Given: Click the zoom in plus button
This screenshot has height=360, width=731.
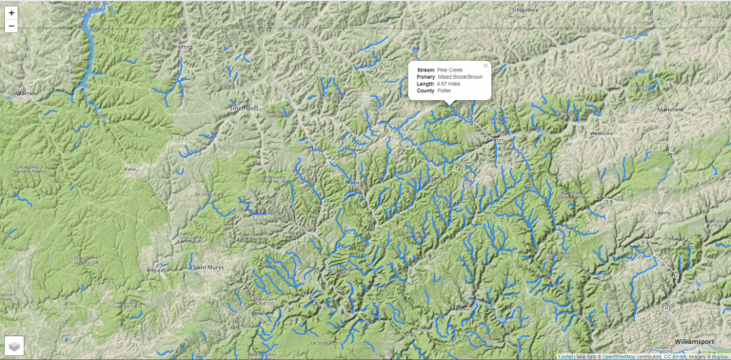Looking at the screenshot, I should point(11,12).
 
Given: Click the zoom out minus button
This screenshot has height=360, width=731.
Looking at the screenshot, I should point(11,27).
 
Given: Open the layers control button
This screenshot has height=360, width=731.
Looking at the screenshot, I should point(14,345).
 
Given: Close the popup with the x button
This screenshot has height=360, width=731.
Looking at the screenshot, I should point(485,66).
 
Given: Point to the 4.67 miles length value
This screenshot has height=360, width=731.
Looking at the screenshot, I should point(448,84).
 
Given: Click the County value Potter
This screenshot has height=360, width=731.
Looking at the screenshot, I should point(444,90).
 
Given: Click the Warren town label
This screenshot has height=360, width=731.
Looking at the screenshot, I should point(25,93).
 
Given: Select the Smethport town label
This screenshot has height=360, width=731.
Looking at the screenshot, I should point(244,109).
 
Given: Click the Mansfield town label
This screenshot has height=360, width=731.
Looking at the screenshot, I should point(670,110).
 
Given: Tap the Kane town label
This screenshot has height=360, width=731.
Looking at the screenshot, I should point(129,169).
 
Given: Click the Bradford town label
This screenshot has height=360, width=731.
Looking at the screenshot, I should point(180,47).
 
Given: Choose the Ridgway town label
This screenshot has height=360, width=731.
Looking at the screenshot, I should point(154,270).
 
